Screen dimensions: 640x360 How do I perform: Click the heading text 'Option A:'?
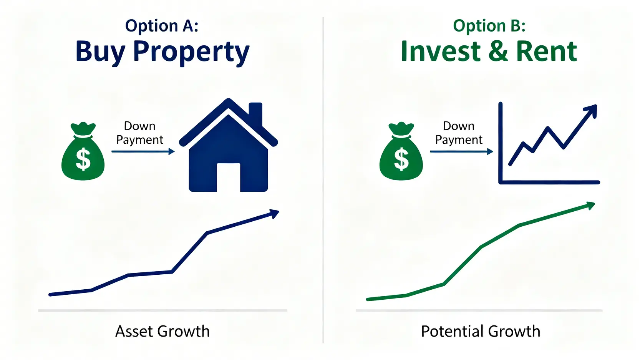[x=162, y=26]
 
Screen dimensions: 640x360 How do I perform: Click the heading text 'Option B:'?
[x=489, y=26]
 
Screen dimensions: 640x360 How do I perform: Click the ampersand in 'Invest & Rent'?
[x=498, y=51]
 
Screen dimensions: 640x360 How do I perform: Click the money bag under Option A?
[x=83, y=151]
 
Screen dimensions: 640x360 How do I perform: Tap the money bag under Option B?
[x=401, y=151]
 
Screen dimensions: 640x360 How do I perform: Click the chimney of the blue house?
[x=255, y=113]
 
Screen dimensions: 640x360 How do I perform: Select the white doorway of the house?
[x=228, y=177]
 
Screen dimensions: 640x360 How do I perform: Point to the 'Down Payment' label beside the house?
[x=139, y=133]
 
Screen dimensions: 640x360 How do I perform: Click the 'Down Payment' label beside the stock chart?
[x=459, y=133]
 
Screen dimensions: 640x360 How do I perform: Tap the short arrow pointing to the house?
[x=143, y=151]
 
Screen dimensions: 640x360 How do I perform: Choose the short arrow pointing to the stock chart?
[x=461, y=151]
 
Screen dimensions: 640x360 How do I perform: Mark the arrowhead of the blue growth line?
[x=274, y=213]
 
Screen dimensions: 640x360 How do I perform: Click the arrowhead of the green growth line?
[x=590, y=206]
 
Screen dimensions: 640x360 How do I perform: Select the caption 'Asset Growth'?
[x=162, y=332]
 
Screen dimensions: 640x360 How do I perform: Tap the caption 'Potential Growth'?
[x=481, y=332]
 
